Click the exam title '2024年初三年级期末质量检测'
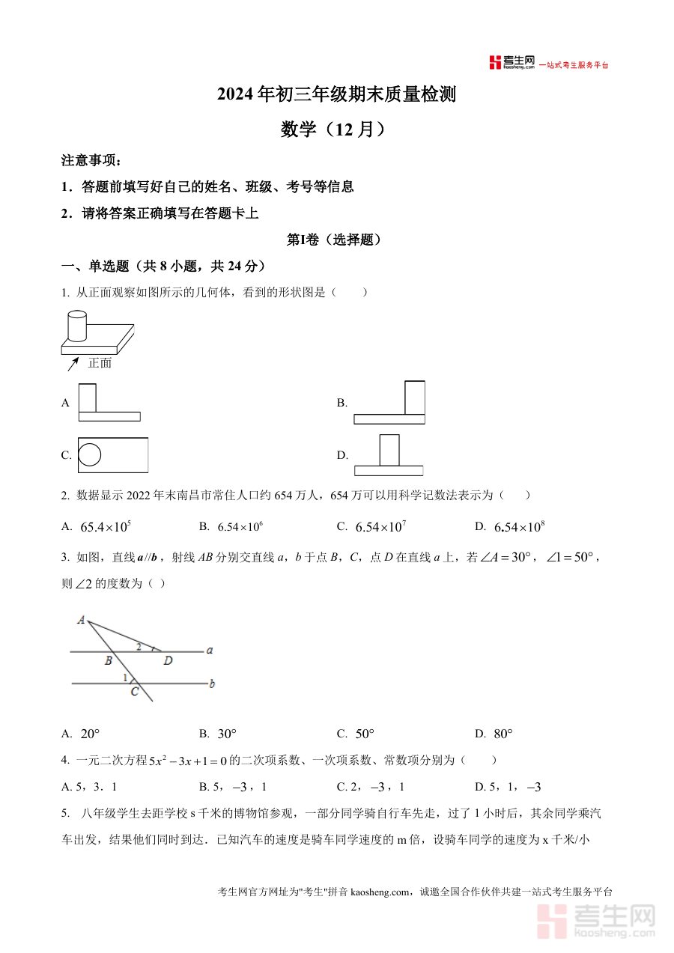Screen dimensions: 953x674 (x=336, y=95)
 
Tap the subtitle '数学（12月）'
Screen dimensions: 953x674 (x=336, y=130)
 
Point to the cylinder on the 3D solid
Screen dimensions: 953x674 (x=77, y=326)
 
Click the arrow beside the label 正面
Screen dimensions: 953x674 (x=73, y=364)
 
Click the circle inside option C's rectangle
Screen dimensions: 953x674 (x=90, y=454)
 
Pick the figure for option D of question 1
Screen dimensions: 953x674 (x=389, y=454)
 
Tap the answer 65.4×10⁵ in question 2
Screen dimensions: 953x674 (x=106, y=527)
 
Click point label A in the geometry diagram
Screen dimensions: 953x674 (x=80, y=620)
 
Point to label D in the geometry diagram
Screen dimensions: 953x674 (x=168, y=660)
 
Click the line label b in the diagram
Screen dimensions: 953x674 (x=212, y=683)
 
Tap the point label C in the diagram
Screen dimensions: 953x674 (x=134, y=692)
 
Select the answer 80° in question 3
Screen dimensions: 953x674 (x=503, y=734)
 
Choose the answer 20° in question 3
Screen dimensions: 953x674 (x=90, y=734)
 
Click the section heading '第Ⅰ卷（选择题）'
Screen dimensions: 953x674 (x=336, y=240)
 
